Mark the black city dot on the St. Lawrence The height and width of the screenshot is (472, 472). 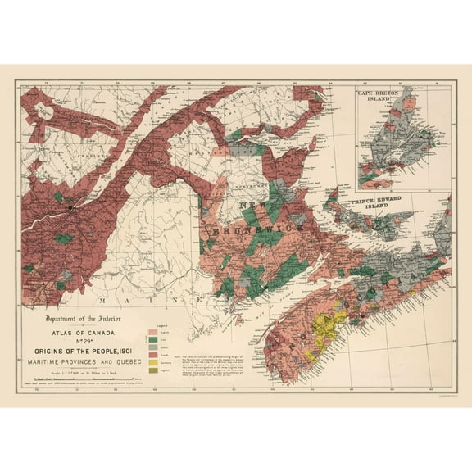[x=71, y=208]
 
